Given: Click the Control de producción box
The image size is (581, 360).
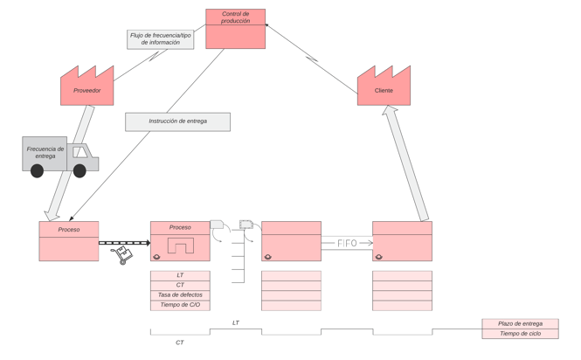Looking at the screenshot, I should [235, 29].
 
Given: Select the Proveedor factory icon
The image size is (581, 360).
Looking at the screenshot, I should [86, 88].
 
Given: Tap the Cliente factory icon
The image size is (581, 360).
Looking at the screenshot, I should [384, 88].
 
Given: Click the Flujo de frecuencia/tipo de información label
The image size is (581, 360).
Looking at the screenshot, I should [161, 39].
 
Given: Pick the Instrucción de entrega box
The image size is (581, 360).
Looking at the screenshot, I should [177, 121].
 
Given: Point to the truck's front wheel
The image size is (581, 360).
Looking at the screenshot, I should [80, 171].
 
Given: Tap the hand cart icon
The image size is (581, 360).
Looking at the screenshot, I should [121, 255].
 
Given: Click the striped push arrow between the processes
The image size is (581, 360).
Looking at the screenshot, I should [124, 243].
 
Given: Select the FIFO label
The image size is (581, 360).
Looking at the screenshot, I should [347, 243].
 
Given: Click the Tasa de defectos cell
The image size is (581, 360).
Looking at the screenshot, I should [180, 295].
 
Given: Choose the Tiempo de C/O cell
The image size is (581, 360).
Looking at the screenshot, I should [180, 305].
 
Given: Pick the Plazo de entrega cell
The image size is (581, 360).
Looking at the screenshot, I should [520, 323].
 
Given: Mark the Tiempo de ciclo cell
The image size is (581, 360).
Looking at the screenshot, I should [520, 334].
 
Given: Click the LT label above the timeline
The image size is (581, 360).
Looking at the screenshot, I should [235, 323].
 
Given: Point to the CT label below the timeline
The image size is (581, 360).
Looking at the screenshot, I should [180, 343].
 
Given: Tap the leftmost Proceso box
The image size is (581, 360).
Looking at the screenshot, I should [69, 241].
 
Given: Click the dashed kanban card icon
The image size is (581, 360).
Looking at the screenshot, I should [246, 225].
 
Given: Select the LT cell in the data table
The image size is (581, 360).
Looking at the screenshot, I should [180, 275].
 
